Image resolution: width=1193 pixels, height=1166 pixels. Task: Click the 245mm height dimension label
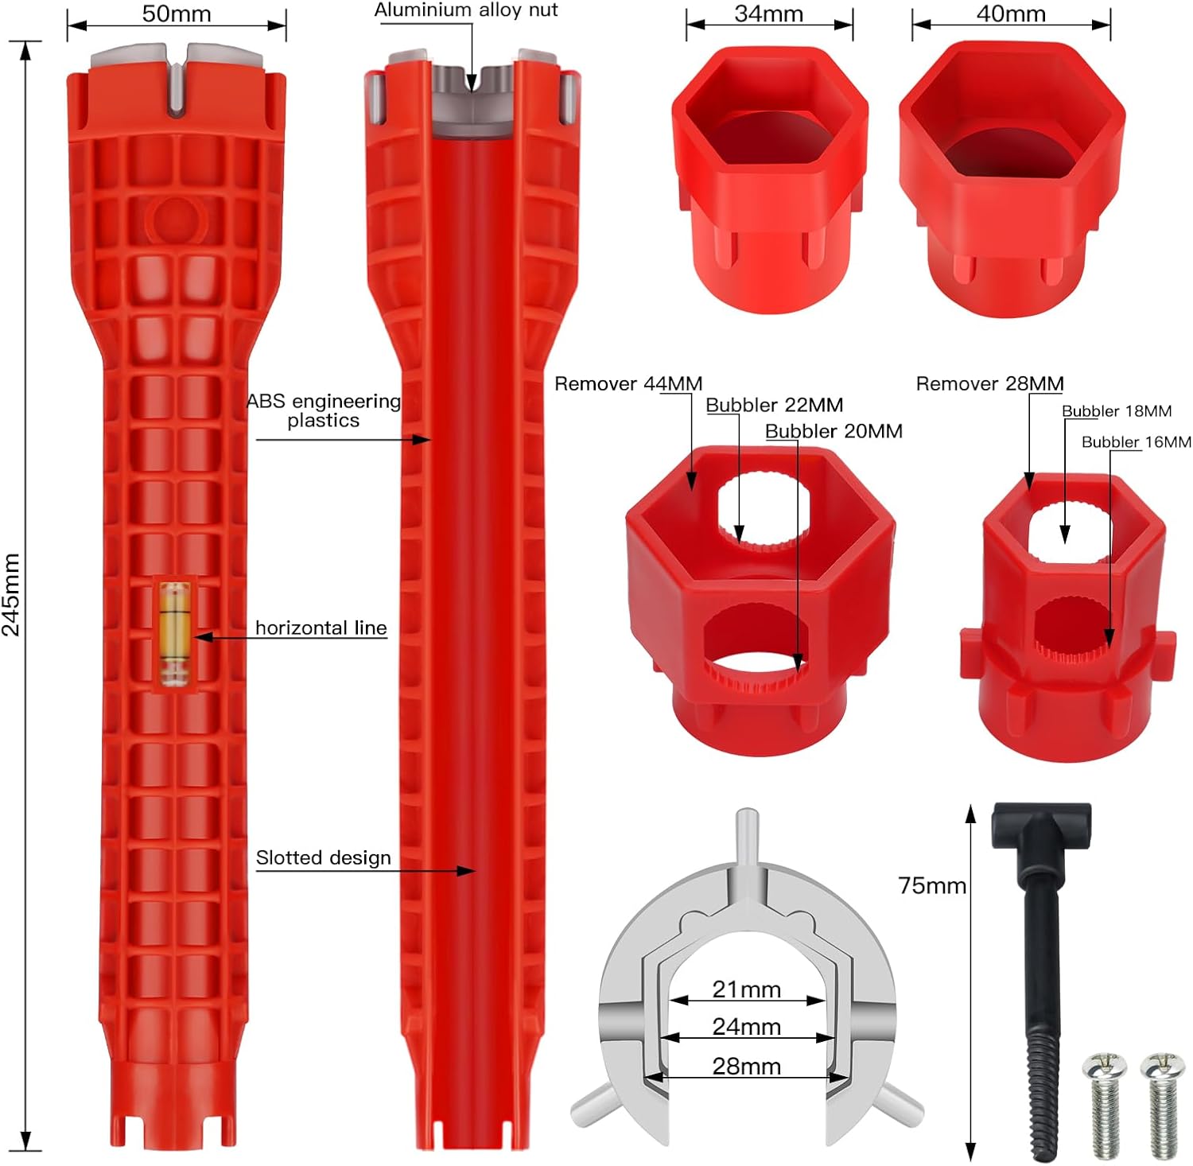[x=11, y=595]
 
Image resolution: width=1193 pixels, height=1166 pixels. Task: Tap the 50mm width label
[x=177, y=14]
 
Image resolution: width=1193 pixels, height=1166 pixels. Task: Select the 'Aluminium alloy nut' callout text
[x=466, y=10]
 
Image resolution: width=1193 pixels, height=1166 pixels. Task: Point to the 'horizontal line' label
[x=321, y=628]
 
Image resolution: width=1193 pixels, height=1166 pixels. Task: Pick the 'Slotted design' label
[x=323, y=857]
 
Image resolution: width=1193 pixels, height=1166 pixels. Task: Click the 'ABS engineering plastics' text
[x=324, y=410]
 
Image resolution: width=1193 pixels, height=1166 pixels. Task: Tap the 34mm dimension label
[x=768, y=14]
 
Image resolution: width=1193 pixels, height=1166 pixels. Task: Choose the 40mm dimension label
[x=1011, y=14]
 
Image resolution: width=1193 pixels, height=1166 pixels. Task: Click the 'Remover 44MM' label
[x=628, y=383]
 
